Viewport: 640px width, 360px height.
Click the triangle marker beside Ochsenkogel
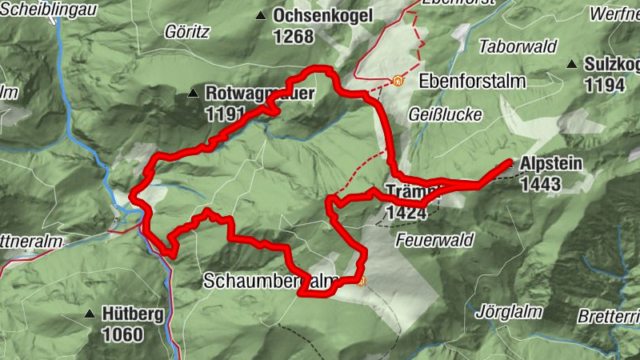coord(261,15)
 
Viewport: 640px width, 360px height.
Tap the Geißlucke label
coord(445,114)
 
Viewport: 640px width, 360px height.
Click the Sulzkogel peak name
coord(611,64)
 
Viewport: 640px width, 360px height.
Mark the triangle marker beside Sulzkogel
coord(572,64)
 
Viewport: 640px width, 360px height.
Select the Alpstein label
coord(551,165)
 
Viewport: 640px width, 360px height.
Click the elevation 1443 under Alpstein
coord(539,184)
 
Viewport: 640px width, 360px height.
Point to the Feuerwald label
coord(434,239)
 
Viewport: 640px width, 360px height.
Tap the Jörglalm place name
coord(509,310)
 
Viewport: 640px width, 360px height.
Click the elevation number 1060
coord(122,334)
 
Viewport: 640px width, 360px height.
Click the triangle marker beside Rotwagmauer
coord(192,94)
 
